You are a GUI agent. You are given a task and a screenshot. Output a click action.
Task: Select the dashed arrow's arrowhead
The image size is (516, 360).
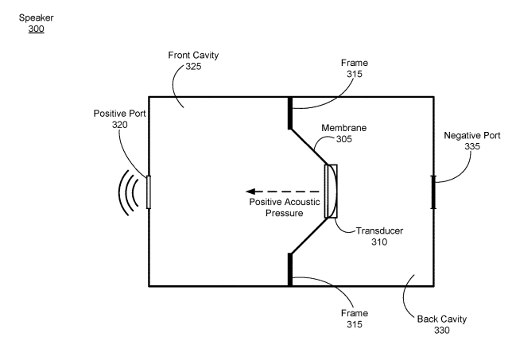tap(250, 192)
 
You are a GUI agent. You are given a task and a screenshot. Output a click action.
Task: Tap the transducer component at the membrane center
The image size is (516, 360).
tap(332, 192)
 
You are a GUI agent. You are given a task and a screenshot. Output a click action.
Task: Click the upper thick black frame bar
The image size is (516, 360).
tap(289, 113)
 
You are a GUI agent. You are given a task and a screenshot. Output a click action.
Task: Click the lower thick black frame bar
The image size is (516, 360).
tap(289, 269)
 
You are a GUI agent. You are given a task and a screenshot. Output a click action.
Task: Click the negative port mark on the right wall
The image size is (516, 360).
tap(433, 192)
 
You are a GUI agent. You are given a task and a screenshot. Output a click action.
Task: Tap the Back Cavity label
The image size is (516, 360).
tap(442, 319)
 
